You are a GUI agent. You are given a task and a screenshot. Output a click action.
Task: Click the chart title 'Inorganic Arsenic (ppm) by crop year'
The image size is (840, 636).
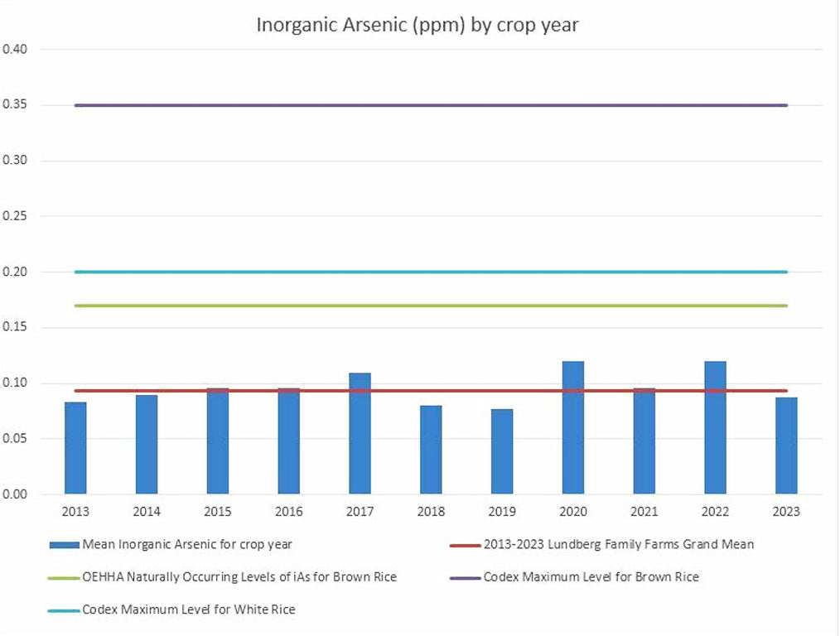417,25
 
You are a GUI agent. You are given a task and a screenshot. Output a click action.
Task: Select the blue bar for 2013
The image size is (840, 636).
75,448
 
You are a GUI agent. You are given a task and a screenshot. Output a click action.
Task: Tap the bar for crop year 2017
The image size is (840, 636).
360,434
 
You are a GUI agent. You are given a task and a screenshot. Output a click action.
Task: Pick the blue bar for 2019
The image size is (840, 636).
502,451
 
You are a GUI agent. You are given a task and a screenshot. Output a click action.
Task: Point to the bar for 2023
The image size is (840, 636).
786,446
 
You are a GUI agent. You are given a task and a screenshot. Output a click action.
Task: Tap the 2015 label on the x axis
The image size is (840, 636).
218,511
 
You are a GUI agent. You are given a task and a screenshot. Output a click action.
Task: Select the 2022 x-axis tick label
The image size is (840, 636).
715,511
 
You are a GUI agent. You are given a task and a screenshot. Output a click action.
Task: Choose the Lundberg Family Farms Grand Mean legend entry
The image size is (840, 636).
618,544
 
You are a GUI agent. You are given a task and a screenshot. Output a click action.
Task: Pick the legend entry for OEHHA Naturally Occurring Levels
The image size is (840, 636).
239,576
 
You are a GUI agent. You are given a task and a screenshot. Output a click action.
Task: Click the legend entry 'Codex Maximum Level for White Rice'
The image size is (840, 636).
188,609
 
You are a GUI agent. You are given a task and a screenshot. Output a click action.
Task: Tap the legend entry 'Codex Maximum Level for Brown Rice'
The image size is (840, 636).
591,576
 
